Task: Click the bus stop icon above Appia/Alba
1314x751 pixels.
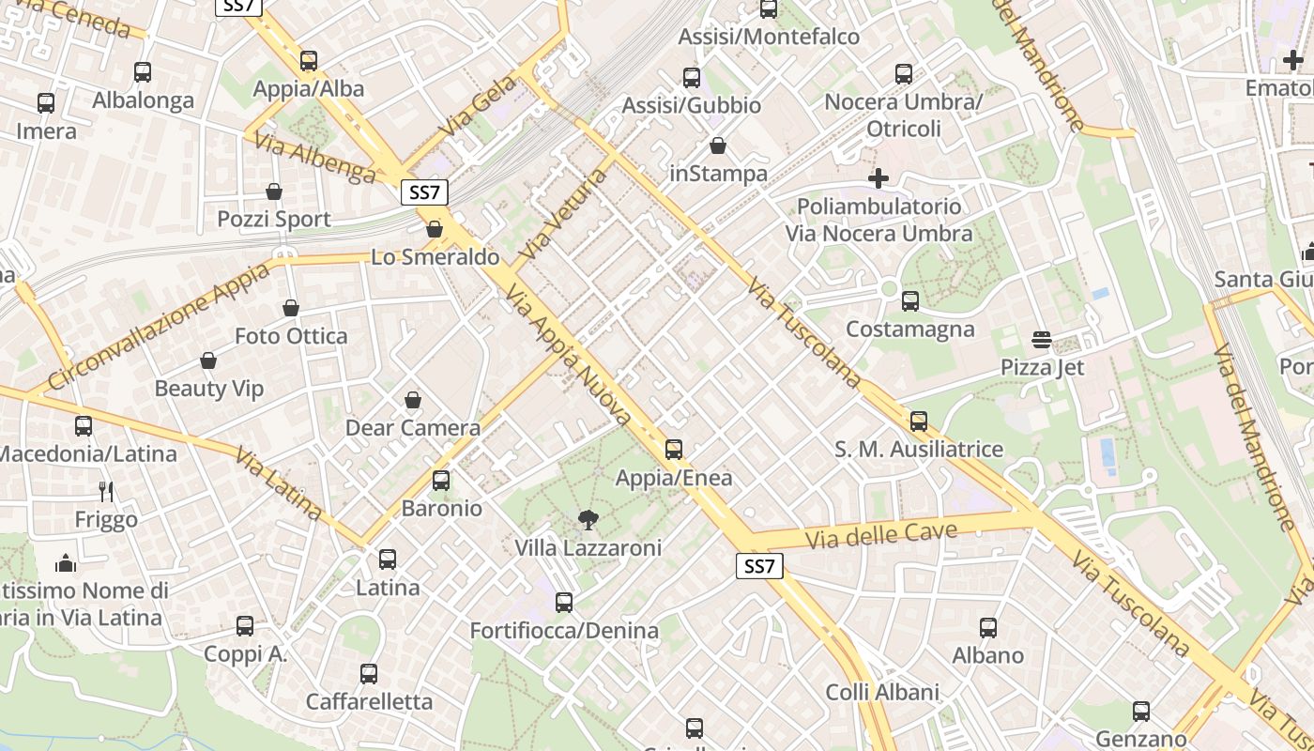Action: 309,62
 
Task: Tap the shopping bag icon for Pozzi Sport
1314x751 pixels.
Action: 274,192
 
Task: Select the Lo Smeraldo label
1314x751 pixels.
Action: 435,257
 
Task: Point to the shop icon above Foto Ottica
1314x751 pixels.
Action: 291,308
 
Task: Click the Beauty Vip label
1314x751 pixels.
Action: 208,388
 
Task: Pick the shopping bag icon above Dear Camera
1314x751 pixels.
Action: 413,401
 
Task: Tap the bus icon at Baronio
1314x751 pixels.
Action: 441,481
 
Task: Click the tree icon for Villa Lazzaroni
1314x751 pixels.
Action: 588,519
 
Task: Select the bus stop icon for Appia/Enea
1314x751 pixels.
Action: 674,450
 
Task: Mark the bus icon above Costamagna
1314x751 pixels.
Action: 909,301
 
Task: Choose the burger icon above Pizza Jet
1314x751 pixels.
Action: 1042,340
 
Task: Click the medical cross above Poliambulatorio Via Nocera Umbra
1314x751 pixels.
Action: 879,178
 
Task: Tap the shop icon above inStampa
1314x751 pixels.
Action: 718,146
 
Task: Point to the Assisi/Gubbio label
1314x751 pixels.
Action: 692,105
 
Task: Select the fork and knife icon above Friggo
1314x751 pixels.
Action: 106,491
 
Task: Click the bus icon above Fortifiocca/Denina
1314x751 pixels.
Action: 564,603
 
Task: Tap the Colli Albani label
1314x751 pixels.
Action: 882,693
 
